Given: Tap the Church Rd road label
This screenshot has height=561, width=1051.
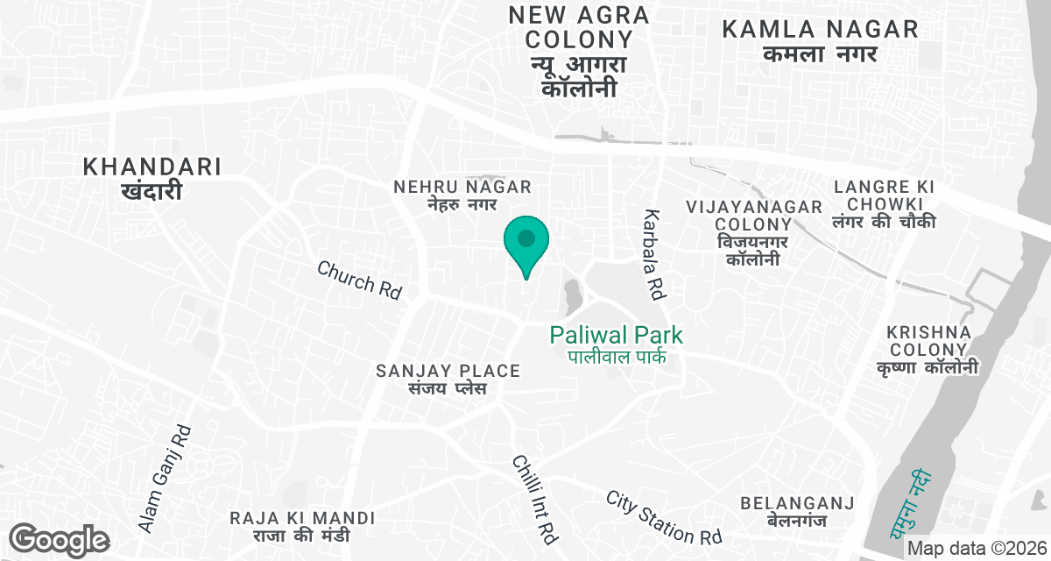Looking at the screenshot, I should (359, 280).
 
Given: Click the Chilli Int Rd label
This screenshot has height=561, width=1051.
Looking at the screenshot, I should (535, 498).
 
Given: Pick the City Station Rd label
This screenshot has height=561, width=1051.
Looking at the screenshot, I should (664, 516).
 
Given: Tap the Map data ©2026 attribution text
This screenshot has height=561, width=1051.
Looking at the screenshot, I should (977, 548).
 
